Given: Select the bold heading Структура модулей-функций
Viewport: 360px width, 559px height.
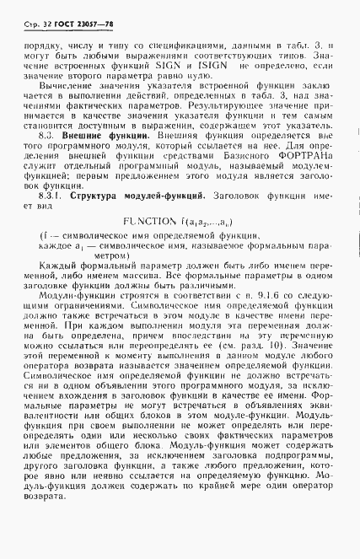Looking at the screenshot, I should tap(136, 196).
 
